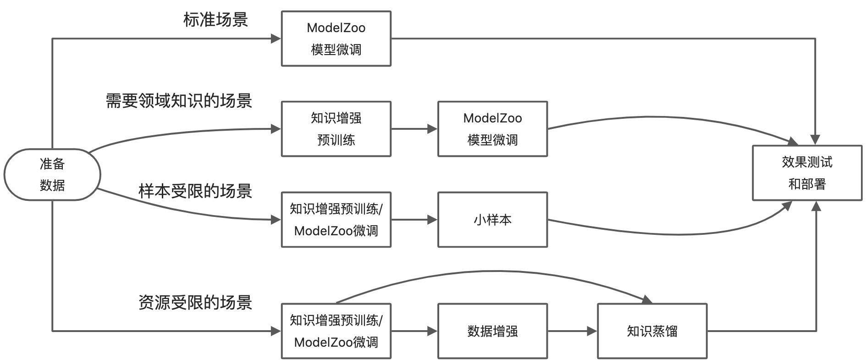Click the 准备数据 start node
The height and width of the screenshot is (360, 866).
click(52, 174)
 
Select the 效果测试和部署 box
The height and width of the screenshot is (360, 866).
click(806, 173)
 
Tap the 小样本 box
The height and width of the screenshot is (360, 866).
click(492, 220)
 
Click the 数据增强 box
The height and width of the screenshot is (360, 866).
click(492, 331)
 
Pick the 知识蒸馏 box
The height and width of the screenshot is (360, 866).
click(652, 331)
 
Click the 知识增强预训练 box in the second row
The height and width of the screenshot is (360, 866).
click(336, 129)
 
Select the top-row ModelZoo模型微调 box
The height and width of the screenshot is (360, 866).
click(336, 39)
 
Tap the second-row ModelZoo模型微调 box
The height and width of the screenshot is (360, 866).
click(492, 129)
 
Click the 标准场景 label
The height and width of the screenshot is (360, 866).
click(215, 19)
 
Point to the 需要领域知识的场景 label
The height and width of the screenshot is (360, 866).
click(179, 100)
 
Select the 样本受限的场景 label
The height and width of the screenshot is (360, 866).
click(195, 191)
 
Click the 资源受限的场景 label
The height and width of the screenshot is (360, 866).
click(195, 302)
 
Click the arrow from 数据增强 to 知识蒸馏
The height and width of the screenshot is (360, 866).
click(572, 331)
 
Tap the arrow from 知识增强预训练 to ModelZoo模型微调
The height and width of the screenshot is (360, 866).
click(414, 129)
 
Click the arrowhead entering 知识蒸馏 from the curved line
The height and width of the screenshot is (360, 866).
click(646, 300)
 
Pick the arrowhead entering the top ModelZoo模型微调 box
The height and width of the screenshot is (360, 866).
click(276, 39)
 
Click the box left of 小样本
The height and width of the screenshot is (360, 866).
click(336, 220)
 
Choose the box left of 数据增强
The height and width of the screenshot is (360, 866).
click(336, 331)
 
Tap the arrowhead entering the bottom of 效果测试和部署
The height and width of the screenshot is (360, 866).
click(816, 206)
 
